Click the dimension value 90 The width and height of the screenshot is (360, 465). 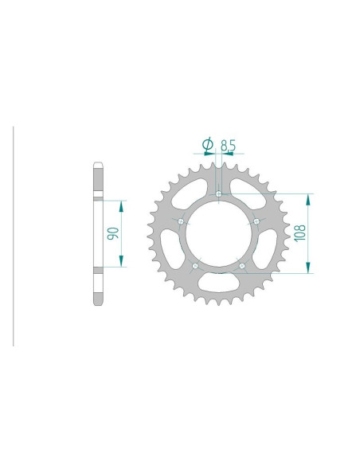112,235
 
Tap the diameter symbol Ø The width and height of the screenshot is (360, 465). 205,144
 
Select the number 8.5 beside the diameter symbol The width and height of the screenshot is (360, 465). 227,145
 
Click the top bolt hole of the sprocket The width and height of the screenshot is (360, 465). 218,193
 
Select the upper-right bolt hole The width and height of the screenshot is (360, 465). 256,221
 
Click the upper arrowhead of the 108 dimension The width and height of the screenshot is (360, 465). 306,198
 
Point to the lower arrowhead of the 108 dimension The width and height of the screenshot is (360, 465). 306,268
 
